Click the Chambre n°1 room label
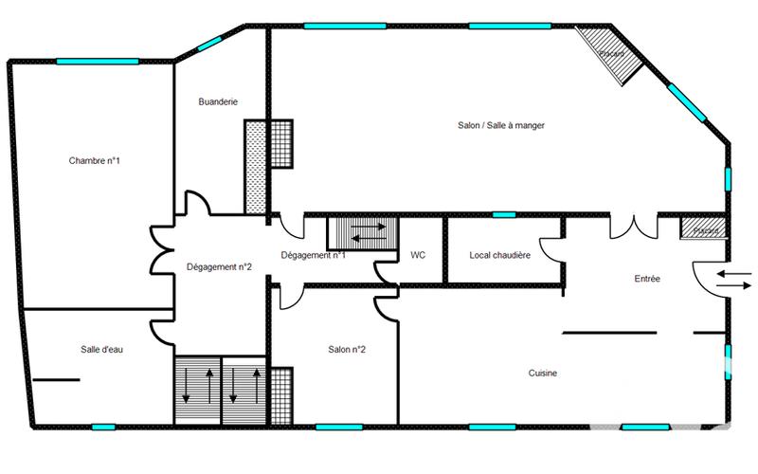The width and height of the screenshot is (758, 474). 94,160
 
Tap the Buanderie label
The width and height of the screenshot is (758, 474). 217,101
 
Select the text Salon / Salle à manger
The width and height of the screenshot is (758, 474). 501,125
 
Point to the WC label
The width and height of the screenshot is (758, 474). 417,255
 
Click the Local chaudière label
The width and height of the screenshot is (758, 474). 499,255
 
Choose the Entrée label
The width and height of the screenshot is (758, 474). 647,279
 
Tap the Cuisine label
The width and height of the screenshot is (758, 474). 543,374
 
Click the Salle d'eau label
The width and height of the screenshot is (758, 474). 101,349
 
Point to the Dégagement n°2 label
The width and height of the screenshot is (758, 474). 218,266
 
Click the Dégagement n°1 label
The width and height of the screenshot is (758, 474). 313,255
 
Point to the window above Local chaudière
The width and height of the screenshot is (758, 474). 504,214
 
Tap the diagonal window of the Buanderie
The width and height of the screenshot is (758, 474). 210,45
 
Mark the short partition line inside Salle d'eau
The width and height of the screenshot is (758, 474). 56,379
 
